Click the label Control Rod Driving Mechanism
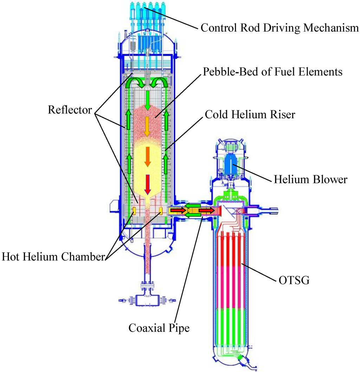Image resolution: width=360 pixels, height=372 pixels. (279, 28)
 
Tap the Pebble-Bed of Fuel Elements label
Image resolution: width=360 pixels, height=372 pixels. (272, 72)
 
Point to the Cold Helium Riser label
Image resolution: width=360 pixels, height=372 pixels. (250, 114)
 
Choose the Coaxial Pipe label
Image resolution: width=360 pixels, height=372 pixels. (159, 328)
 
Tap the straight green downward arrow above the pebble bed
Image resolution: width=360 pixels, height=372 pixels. (148, 99)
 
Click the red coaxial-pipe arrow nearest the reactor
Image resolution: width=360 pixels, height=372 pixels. (178, 210)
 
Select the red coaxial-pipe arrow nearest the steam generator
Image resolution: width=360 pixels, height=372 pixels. (206, 210)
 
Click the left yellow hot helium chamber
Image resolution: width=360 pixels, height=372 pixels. (134, 211)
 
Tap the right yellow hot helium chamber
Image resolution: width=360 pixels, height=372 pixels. (161, 211)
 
